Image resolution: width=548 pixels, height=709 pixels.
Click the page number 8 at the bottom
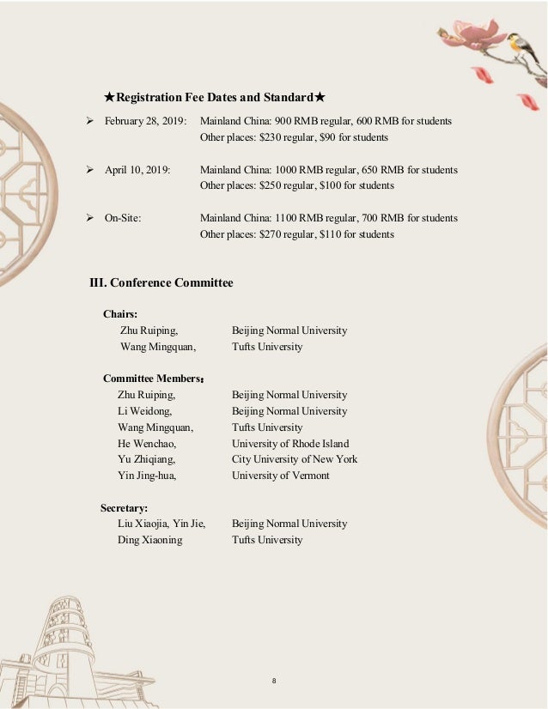[273, 681]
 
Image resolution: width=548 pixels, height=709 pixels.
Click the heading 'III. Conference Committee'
[161, 282]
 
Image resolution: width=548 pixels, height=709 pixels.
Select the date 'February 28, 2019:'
[146, 121]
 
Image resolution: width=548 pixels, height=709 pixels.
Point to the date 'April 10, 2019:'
[137, 170]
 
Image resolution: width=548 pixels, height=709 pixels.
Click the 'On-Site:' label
[123, 218]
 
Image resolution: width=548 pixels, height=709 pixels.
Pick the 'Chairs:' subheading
[120, 314]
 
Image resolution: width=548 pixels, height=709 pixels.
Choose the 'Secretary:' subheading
[124, 507]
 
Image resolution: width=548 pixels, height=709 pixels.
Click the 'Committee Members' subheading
[152, 379]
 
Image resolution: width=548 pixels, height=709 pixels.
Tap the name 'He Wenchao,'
[147, 444]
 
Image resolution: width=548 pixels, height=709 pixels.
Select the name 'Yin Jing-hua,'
[147, 476]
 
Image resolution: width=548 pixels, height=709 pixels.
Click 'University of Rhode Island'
[290, 444]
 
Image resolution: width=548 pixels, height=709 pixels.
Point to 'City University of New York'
[295, 459]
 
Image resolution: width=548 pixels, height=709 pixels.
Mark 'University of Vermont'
[280, 476]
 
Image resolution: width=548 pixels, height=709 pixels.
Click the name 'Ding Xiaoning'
[149, 540]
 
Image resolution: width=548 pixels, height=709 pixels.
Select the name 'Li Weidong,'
[144, 411]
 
